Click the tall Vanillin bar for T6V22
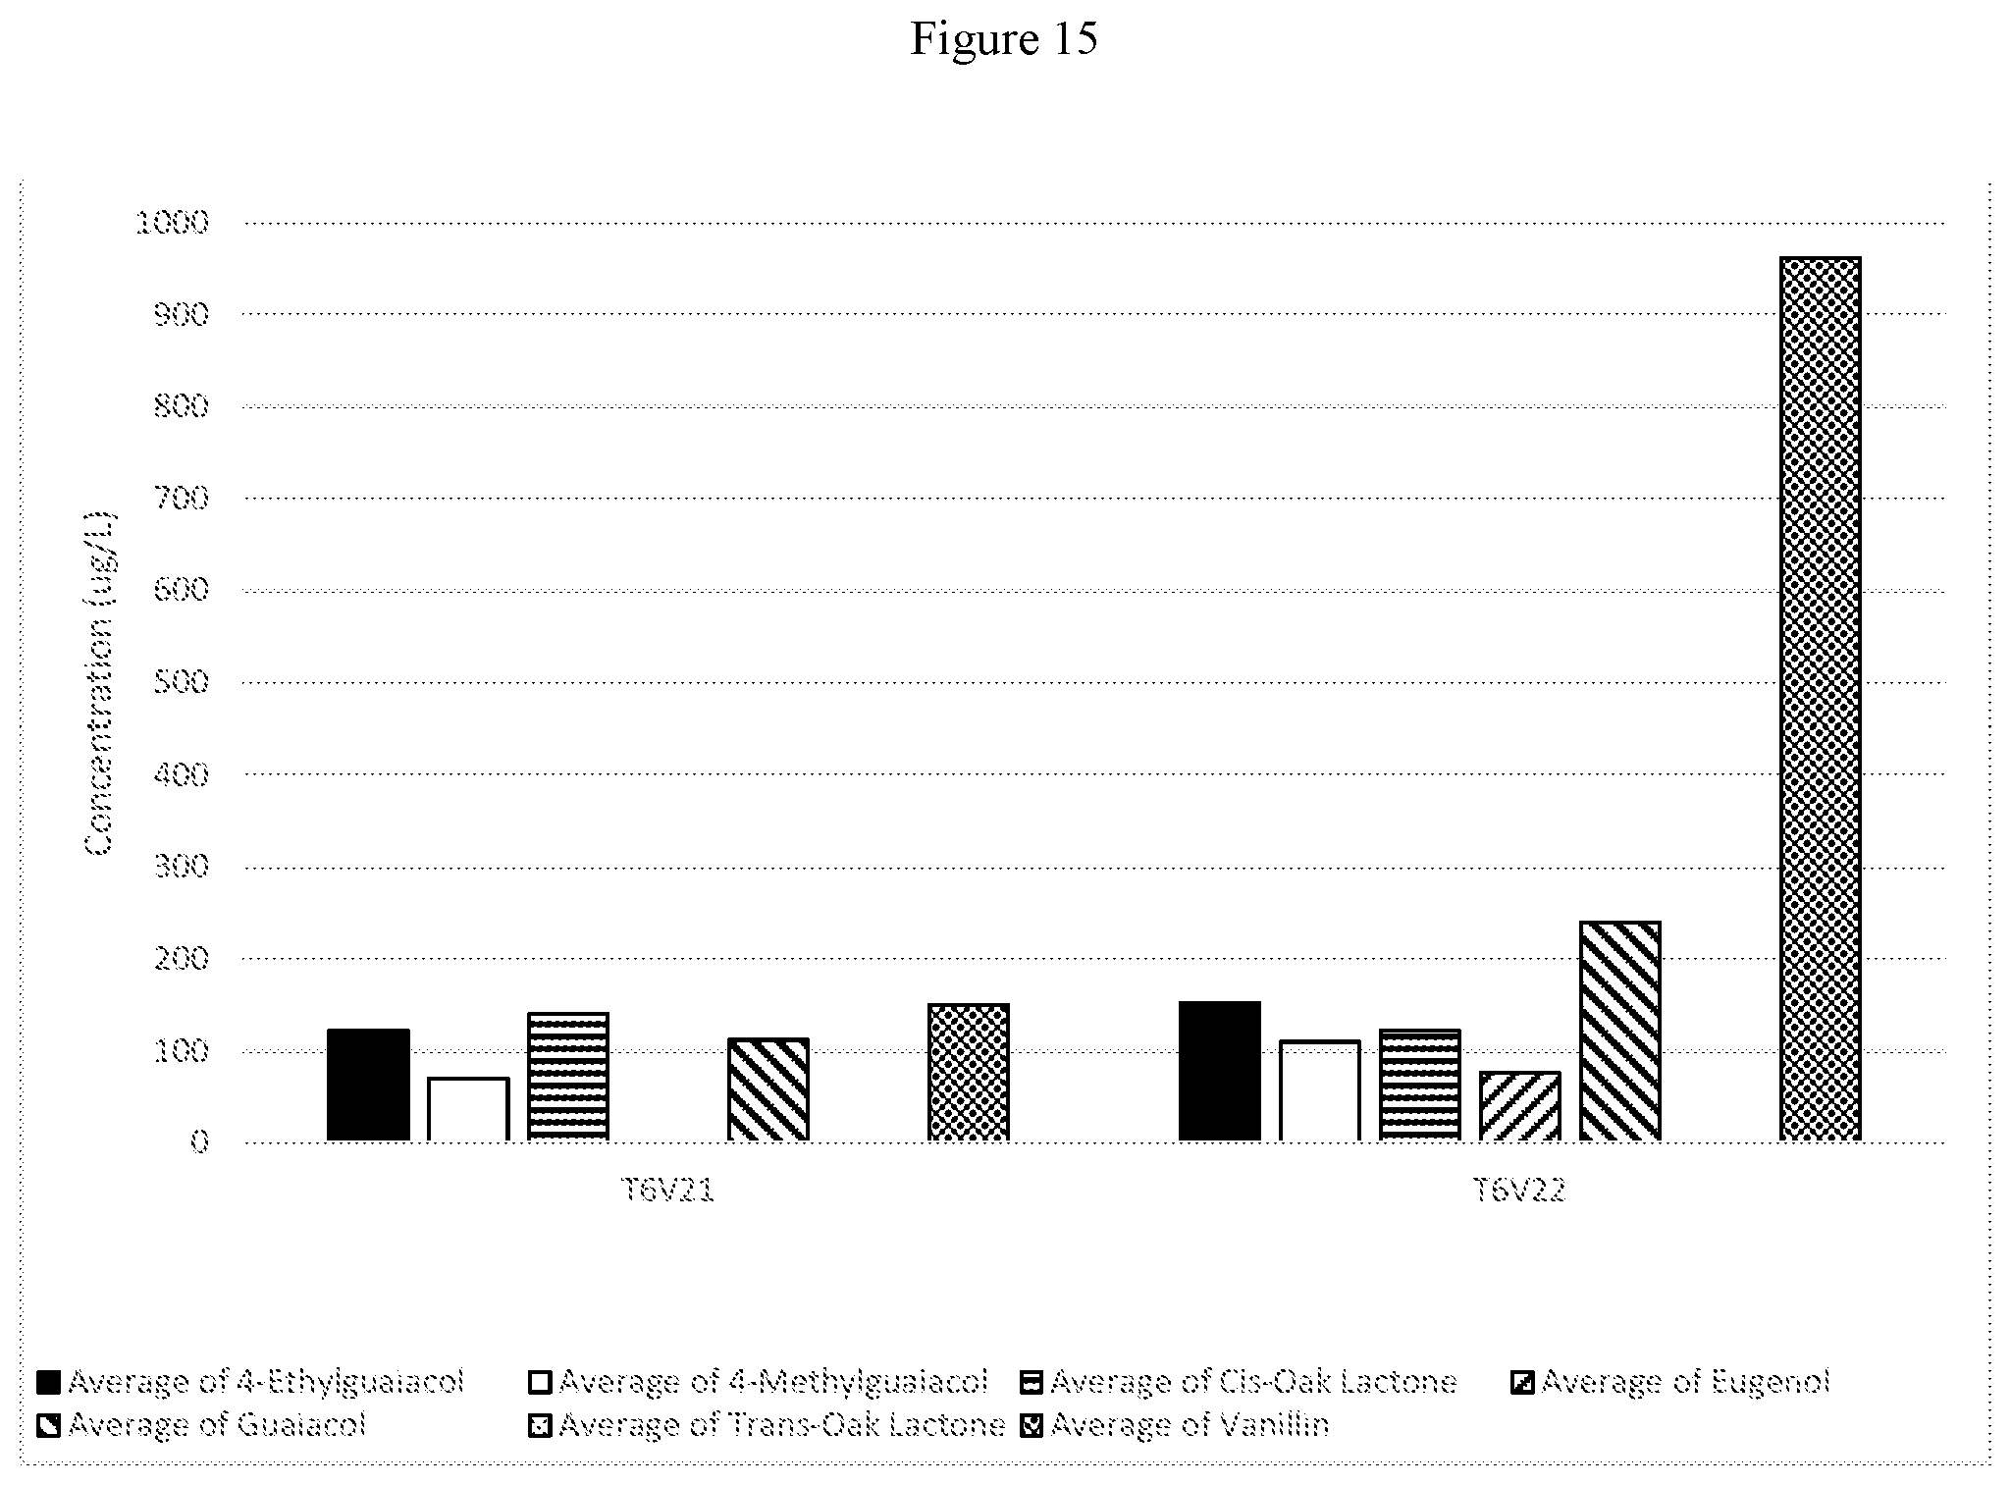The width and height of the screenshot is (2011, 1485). click(x=1820, y=699)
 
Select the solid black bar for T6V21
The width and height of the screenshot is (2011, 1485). click(x=368, y=1085)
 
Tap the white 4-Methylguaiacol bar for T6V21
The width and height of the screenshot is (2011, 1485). click(x=468, y=1109)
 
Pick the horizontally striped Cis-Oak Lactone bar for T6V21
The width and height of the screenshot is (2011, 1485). click(x=568, y=1077)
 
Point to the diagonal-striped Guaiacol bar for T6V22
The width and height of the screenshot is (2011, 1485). click(x=1619, y=1031)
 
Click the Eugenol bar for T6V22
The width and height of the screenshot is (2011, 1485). click(x=1519, y=1106)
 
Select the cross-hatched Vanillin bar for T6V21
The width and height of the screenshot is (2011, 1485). click(x=969, y=1072)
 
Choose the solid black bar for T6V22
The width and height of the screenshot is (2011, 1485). click(x=1220, y=1071)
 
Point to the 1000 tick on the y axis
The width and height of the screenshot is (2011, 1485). click(x=173, y=223)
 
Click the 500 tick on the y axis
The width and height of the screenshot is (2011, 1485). click(x=183, y=682)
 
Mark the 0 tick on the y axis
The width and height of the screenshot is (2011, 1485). click(x=200, y=1141)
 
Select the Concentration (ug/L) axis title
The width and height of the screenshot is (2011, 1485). click(x=100, y=682)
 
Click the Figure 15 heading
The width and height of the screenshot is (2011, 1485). click(x=1004, y=39)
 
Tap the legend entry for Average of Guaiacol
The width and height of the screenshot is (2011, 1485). click(x=201, y=1424)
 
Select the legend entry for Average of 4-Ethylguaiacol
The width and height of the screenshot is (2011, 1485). click(x=250, y=1382)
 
